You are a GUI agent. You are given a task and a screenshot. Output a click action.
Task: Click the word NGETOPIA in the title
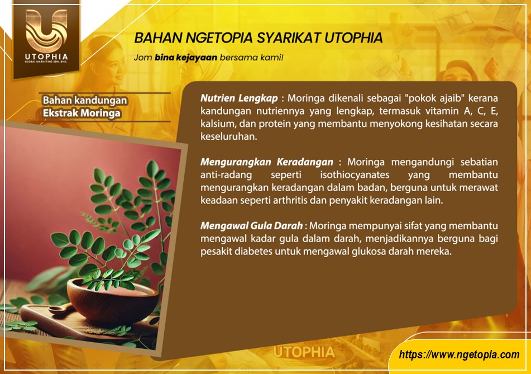pos(218,37)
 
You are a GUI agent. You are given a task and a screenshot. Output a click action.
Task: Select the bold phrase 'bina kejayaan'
pos(186,58)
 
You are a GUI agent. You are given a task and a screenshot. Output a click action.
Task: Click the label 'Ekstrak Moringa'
pos(82,113)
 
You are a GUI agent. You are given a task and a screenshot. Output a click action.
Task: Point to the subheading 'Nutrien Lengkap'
pos(239,98)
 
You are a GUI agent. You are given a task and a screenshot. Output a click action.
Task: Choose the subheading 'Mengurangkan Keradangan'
pos(267,162)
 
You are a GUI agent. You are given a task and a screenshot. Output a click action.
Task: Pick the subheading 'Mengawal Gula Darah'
pos(252,225)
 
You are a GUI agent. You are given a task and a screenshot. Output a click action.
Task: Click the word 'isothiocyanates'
pos(355,175)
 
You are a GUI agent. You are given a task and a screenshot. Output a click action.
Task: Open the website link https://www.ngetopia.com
pos(459,354)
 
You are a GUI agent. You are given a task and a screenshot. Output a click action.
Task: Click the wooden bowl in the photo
pos(112,300)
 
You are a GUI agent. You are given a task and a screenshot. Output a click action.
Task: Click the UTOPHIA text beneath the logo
pos(46,56)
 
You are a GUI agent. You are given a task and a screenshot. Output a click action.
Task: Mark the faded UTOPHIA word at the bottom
pos(304,352)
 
